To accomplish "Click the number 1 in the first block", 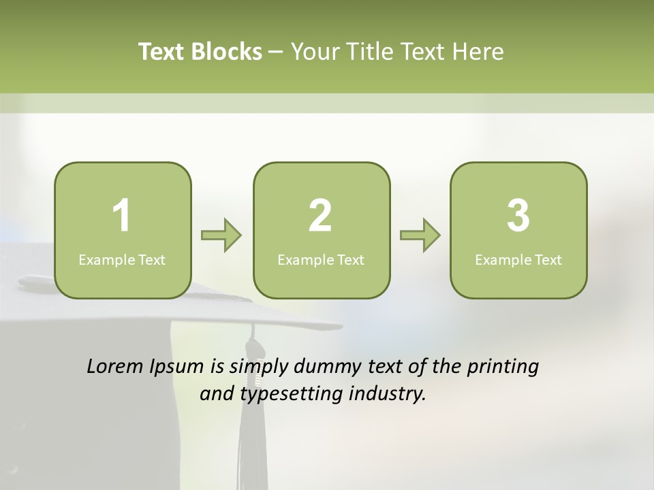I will point(121,216).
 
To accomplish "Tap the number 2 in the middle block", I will point(320,216).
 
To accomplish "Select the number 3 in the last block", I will point(518,216).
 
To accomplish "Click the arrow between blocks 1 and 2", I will point(221,235).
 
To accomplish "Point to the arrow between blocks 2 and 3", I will point(420,235).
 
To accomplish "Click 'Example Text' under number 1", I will point(122,259).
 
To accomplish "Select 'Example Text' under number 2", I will point(321,259).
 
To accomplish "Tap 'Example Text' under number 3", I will point(518,259).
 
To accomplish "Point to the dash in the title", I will point(276,52).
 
